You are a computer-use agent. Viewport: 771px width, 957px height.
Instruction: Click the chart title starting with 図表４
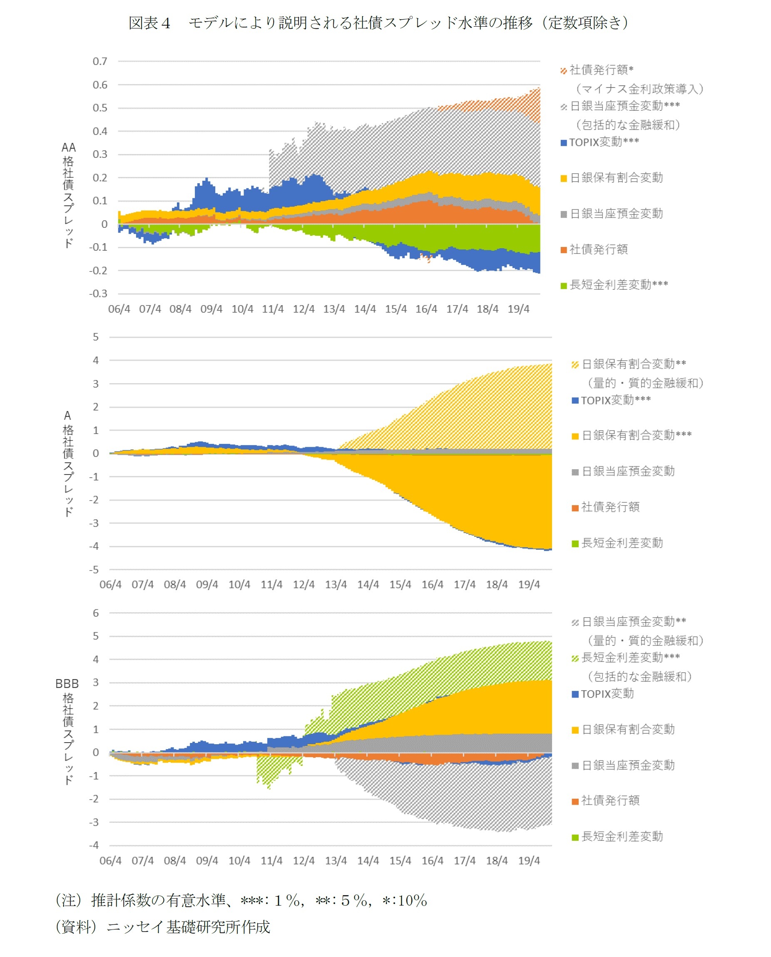point(378,22)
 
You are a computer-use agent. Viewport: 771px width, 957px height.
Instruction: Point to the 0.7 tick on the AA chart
point(100,61)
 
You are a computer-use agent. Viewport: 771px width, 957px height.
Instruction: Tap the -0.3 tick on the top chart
point(98,294)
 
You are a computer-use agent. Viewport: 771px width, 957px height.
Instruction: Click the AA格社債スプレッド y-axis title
point(68,195)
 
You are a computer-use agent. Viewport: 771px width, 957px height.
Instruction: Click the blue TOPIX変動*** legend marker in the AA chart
point(564,142)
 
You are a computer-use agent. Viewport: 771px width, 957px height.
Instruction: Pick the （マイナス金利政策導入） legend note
point(639,89)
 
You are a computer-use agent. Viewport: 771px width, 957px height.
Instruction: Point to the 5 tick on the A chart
point(95,337)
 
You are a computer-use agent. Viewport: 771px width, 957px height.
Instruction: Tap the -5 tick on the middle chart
point(94,570)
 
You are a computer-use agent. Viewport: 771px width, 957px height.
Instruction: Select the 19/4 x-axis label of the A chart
point(529,585)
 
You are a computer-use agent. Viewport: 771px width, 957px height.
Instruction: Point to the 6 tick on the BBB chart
point(95,613)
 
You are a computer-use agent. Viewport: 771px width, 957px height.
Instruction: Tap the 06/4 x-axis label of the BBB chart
point(111,860)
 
